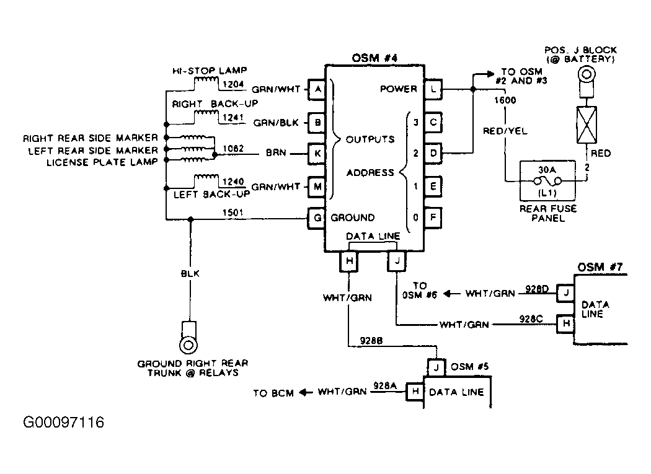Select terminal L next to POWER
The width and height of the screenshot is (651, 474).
pyautogui.click(x=433, y=89)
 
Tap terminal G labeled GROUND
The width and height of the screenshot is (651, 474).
pyautogui.click(x=316, y=218)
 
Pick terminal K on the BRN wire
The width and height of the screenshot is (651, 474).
pyautogui.click(x=316, y=154)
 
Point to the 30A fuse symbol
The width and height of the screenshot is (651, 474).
pyautogui.click(x=547, y=181)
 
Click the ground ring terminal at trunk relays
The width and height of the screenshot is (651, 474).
pyautogui.click(x=188, y=345)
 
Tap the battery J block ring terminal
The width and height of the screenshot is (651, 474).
pyautogui.click(x=587, y=75)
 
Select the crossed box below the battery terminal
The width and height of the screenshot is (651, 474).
pyautogui.click(x=587, y=125)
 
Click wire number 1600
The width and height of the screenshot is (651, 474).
pyautogui.click(x=505, y=100)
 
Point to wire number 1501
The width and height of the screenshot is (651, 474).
pyautogui.click(x=233, y=213)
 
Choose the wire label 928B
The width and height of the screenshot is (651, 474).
pyautogui.click(x=371, y=341)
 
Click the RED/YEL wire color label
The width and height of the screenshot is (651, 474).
pyautogui.click(x=505, y=131)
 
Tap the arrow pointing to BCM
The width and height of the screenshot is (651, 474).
pyautogui.click(x=306, y=392)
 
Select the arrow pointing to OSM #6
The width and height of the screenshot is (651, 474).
pyautogui.click(x=451, y=294)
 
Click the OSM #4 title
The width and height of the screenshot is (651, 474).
pyautogui.click(x=374, y=58)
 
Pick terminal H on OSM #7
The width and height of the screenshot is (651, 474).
pyautogui.click(x=565, y=323)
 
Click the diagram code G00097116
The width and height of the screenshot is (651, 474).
pyautogui.click(x=63, y=422)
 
